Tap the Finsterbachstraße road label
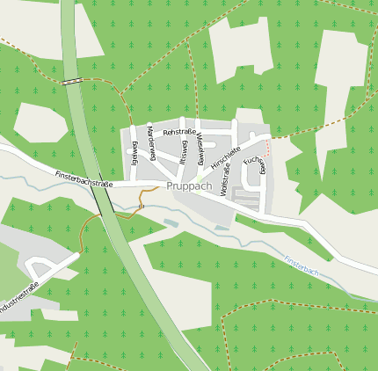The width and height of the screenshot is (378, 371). [84, 180]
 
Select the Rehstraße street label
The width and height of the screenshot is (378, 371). [179, 131]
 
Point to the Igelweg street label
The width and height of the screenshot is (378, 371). [135, 153]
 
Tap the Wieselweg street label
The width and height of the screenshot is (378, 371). [201, 149]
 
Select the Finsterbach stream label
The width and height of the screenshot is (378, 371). [302, 266]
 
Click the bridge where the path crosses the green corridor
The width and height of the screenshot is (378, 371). [73, 81]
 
